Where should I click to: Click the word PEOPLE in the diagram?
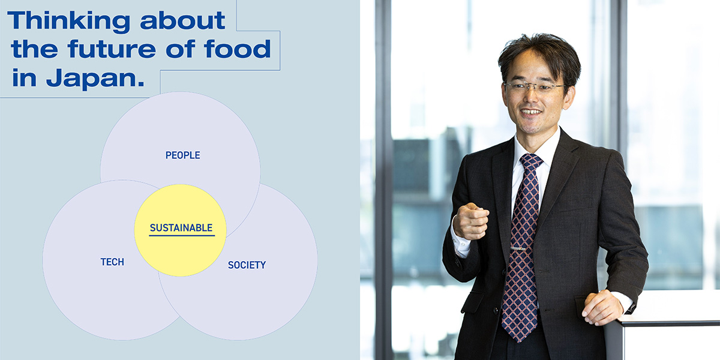coord(182,155)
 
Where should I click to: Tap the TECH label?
coord(112,262)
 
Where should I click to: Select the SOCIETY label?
coord(247,265)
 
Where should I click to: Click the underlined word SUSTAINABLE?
coord(181,228)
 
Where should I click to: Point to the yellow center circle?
coord(180,230)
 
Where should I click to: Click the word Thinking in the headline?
coord(68,22)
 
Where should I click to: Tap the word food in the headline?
coord(237,49)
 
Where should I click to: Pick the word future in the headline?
coord(112,49)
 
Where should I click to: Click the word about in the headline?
coord(182,21)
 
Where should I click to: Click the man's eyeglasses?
coord(535,87)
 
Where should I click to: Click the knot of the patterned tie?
coord(532,161)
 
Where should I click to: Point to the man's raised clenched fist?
coord(471,221)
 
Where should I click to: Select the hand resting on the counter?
coord(602,308)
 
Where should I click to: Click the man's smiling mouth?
coord(530,112)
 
